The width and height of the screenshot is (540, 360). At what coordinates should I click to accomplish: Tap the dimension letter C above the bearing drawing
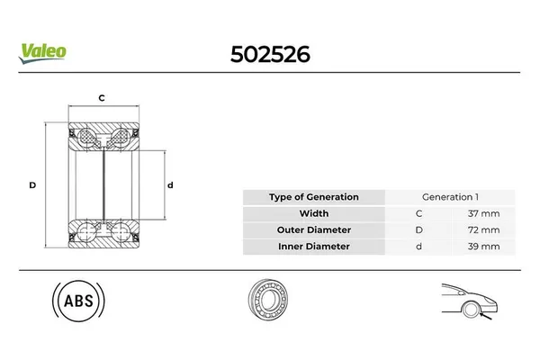click(x=102, y=97)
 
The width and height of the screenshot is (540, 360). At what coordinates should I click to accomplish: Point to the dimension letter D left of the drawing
click(x=32, y=184)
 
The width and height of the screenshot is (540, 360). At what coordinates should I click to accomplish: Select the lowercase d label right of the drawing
click(x=170, y=184)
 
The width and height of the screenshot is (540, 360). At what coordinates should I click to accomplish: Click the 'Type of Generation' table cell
click(x=313, y=197)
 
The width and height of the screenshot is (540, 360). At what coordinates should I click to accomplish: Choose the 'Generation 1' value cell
click(x=449, y=197)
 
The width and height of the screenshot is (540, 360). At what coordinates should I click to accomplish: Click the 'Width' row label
click(x=313, y=213)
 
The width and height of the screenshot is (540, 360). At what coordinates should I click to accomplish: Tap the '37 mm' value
click(x=483, y=213)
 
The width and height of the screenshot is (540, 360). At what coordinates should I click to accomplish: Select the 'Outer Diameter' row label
click(x=313, y=229)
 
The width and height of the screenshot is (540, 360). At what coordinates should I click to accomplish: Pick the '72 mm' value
click(x=483, y=229)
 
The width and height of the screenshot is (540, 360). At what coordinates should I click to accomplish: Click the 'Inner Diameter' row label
click(x=313, y=246)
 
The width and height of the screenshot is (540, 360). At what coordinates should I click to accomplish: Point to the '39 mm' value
click(x=483, y=246)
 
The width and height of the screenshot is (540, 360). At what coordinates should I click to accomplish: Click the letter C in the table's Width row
click(x=418, y=213)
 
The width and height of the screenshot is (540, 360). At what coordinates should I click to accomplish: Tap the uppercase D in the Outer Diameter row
click(x=418, y=229)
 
